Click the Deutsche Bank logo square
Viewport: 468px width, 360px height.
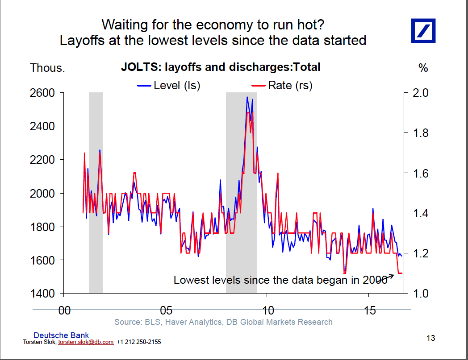pyautogui.click(x=423, y=31)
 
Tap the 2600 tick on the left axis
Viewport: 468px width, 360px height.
pyautogui.click(x=42, y=93)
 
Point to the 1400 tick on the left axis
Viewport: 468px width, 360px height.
pyautogui.click(x=42, y=294)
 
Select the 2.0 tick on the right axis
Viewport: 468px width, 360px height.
pyautogui.click(x=421, y=93)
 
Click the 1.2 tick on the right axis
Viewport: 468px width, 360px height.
pyautogui.click(x=421, y=253)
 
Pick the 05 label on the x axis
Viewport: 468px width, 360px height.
pyautogui.click(x=165, y=310)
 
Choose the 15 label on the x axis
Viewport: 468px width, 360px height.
pyautogui.click(x=370, y=310)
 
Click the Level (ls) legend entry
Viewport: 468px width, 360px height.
pyautogui.click(x=169, y=85)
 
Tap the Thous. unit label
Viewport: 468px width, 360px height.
pyautogui.click(x=47, y=68)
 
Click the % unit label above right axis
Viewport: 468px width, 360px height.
pyautogui.click(x=423, y=68)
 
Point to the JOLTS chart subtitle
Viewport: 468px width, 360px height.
pyautogui.click(x=221, y=68)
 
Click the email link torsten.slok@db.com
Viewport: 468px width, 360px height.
pyautogui.click(x=86, y=342)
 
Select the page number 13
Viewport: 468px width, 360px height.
pyautogui.click(x=430, y=338)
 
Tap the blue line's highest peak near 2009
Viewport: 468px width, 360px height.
pyautogui.click(x=247, y=97)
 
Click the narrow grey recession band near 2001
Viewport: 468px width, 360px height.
pyautogui.click(x=96, y=192)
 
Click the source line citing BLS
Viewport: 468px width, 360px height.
pyautogui.click(x=223, y=322)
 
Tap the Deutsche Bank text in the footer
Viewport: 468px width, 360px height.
pyautogui.click(x=61, y=335)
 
